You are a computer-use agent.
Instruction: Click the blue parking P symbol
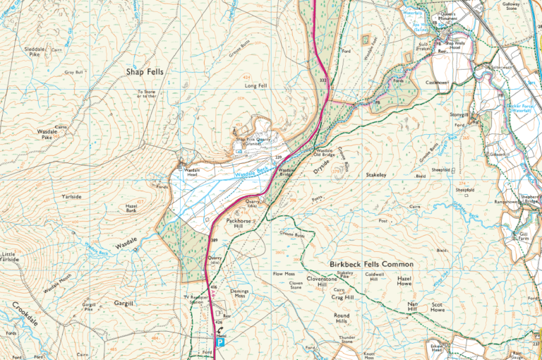point(220,342)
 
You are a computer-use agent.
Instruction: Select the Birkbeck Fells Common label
point(371,264)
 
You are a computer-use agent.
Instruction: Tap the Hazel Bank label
point(126,208)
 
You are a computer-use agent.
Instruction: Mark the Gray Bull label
point(74,72)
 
